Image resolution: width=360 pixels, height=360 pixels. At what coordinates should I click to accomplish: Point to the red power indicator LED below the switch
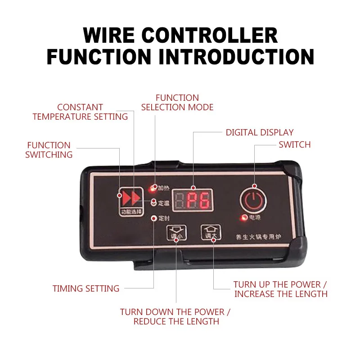(244, 218)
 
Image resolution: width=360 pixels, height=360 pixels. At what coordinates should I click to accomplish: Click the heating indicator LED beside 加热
(154, 187)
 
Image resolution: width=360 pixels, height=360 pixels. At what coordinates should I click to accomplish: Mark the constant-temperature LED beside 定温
(154, 202)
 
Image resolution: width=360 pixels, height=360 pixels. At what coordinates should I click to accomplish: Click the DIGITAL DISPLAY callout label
(260, 132)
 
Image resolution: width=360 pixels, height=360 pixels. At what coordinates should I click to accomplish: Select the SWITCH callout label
(294, 144)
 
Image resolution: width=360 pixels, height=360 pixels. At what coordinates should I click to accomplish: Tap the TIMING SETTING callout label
(86, 288)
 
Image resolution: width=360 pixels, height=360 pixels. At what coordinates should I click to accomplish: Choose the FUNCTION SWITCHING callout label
(49, 150)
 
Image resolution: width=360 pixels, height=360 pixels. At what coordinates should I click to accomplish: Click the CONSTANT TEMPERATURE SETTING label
(80, 112)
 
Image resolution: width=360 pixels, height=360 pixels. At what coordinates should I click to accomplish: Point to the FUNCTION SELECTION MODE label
(177, 103)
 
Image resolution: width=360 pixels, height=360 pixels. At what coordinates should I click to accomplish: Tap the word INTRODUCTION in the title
(233, 57)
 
